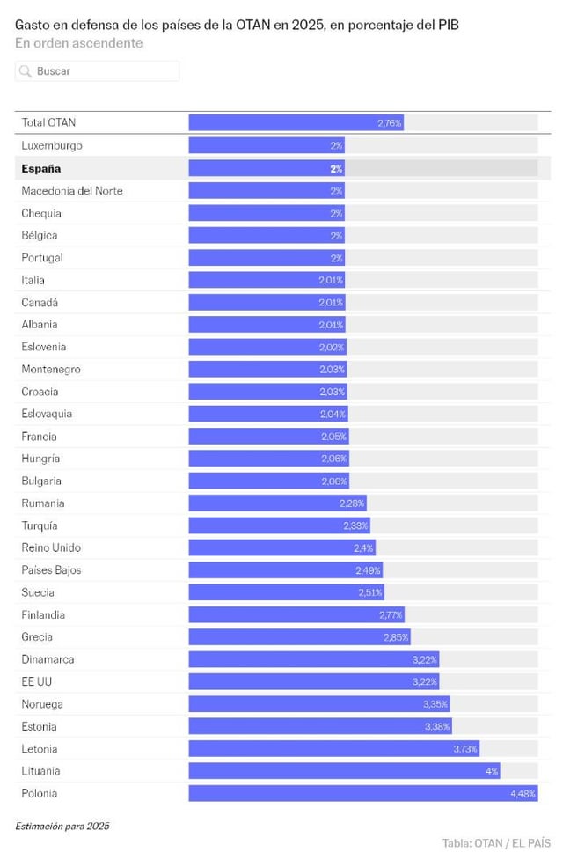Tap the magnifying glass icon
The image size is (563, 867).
point(26,71)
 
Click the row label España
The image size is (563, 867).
point(41,168)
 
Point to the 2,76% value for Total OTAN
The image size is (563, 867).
point(390,123)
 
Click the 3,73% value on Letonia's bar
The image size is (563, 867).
point(465,749)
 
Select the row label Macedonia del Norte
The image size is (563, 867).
point(72,191)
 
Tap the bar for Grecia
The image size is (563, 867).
point(299,637)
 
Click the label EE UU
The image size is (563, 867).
point(37,681)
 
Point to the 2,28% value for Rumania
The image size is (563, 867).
point(352,503)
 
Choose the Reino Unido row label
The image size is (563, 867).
point(51,547)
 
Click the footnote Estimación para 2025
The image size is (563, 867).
point(62,826)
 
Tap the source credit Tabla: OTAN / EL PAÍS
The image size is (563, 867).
point(496,843)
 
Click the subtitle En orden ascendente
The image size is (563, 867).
point(78,43)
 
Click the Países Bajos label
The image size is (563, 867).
point(51,570)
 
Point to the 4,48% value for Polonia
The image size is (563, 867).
point(523,794)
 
